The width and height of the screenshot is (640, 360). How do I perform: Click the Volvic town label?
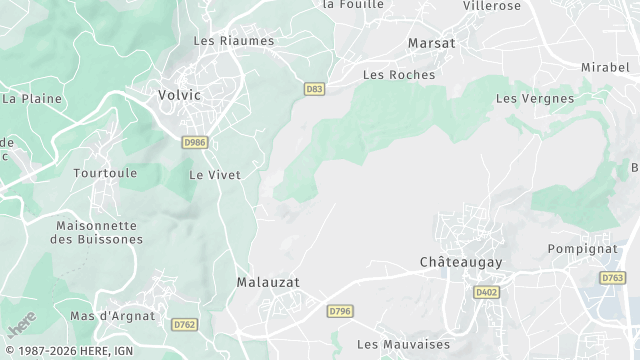click(180, 95)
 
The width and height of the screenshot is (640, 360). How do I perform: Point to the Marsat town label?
click(432, 43)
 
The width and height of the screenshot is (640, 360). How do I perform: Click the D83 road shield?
click(315, 89)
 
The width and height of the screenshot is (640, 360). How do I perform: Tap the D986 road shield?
click(195, 143)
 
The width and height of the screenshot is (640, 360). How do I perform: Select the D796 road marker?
click(340, 312)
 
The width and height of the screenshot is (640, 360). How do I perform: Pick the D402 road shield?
click(487, 292)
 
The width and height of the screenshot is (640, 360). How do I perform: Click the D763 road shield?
click(613, 277)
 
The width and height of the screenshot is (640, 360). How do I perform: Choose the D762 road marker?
click(184, 324)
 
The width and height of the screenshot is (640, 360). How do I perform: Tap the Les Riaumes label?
click(233, 41)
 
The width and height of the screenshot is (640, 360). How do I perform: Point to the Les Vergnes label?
click(535, 99)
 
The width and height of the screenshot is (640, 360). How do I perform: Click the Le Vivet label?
click(215, 174)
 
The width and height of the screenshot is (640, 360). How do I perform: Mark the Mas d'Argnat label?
click(113, 316)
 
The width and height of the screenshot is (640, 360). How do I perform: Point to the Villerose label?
click(493, 5)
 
